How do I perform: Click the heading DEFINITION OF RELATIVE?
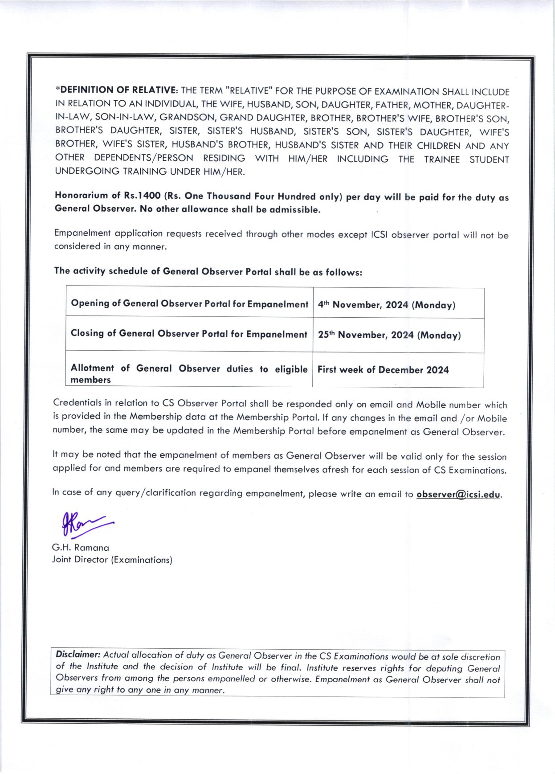[x=118, y=90]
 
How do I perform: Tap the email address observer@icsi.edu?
[x=458, y=495]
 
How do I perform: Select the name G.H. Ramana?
[x=81, y=548]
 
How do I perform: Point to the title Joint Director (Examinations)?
[x=112, y=560]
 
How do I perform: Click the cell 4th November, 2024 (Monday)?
[x=386, y=305]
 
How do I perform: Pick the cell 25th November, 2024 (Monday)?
[x=389, y=335]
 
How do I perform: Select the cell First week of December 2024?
[x=383, y=370]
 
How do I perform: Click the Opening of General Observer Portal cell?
[x=189, y=304]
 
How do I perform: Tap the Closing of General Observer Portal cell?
[x=189, y=334]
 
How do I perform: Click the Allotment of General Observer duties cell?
[x=189, y=373]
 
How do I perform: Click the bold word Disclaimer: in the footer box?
[x=78, y=655]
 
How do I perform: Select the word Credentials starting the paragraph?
[x=77, y=403]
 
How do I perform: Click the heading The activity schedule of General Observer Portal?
[x=208, y=272]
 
